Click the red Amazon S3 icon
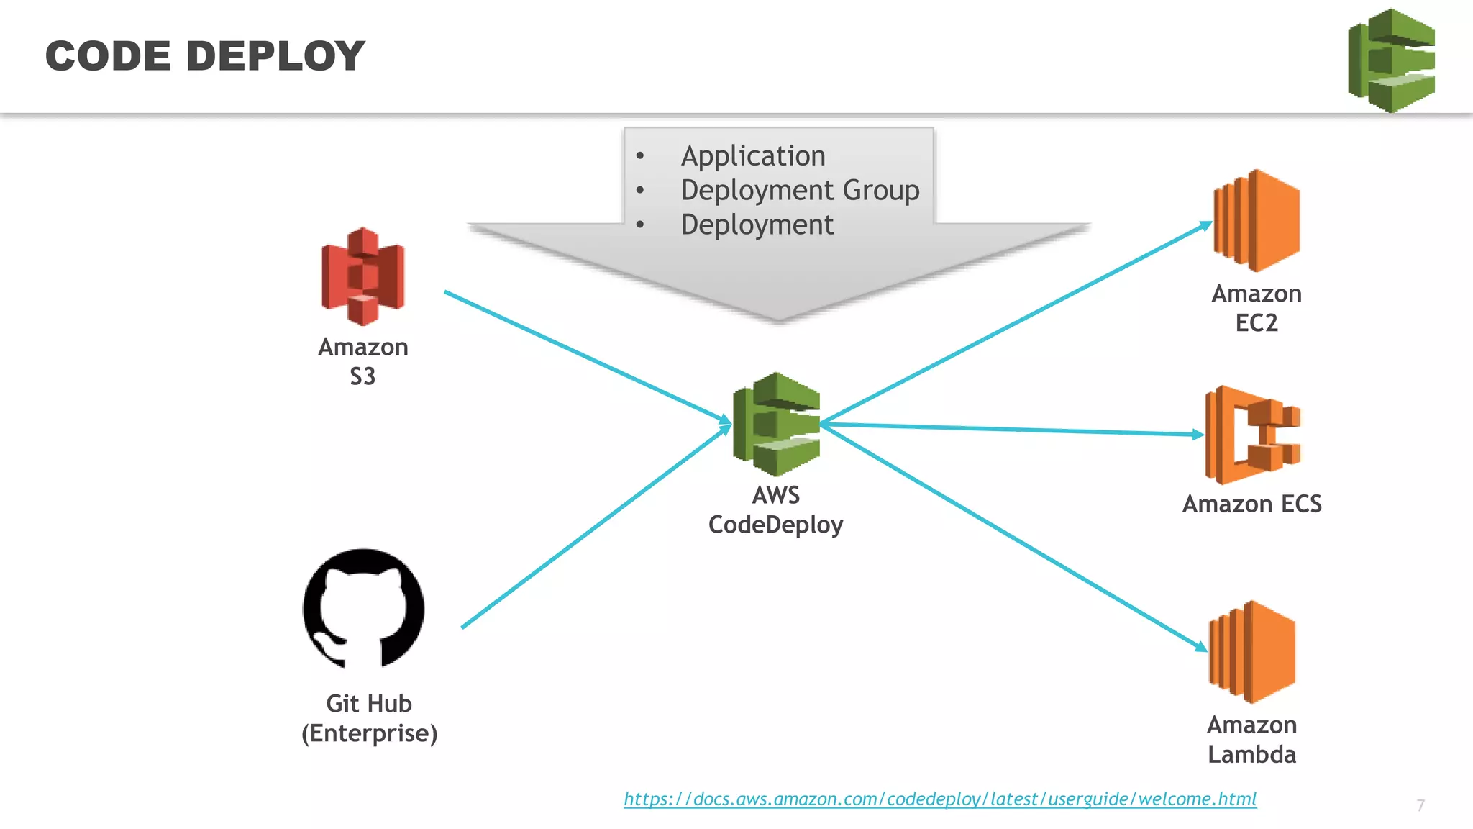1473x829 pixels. point(362,276)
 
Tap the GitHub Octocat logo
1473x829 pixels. point(363,609)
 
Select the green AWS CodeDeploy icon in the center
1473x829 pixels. point(776,424)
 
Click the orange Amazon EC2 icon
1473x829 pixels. point(1257,221)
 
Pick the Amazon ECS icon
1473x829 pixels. point(1252,435)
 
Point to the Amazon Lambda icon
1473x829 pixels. point(1252,652)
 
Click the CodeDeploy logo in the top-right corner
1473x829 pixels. point(1391,60)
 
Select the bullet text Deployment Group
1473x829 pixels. point(800,190)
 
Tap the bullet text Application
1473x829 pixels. point(753,156)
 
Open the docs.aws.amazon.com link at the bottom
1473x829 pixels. point(940,799)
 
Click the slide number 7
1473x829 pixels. point(1420,805)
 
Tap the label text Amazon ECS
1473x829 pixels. point(1251,504)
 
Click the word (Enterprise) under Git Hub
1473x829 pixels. point(369,733)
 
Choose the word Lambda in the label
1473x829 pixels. point(1251,754)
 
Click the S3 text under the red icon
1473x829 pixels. point(362,376)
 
